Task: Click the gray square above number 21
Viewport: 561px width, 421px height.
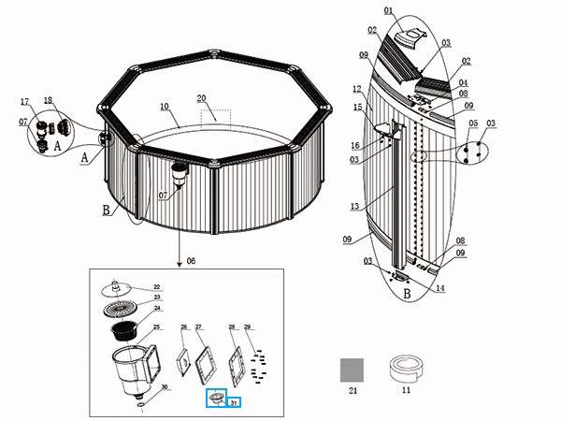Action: (x=352, y=367)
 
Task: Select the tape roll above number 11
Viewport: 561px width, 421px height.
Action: (x=405, y=367)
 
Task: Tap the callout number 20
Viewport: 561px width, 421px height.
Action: (x=201, y=98)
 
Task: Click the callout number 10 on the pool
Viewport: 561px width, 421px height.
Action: (x=164, y=107)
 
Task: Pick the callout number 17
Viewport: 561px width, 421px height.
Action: (x=25, y=101)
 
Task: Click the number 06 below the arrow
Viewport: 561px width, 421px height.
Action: (x=192, y=260)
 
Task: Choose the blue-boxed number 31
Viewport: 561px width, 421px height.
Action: (x=235, y=402)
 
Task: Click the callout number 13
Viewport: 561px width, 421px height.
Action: (x=352, y=206)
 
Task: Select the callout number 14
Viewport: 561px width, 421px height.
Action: (x=440, y=288)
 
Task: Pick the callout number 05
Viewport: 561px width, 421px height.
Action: (x=473, y=123)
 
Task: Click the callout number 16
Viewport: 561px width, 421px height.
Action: (x=355, y=145)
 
